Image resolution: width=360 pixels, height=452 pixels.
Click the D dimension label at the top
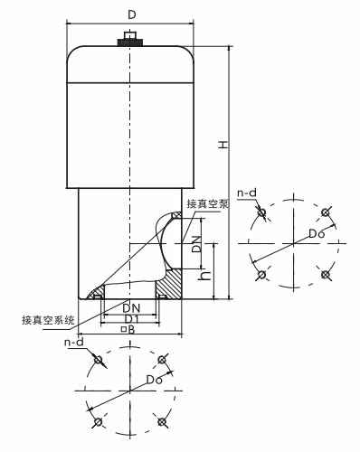(x=133, y=14)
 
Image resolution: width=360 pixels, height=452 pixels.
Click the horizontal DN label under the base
(x=130, y=307)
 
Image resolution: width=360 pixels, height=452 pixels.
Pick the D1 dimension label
(x=130, y=318)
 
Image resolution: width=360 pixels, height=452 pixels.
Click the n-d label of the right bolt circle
(x=246, y=193)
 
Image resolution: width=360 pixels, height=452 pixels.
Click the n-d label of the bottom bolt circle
(x=74, y=344)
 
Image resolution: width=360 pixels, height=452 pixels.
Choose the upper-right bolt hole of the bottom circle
(x=163, y=361)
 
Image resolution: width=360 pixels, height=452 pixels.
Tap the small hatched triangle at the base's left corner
(x=95, y=294)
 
